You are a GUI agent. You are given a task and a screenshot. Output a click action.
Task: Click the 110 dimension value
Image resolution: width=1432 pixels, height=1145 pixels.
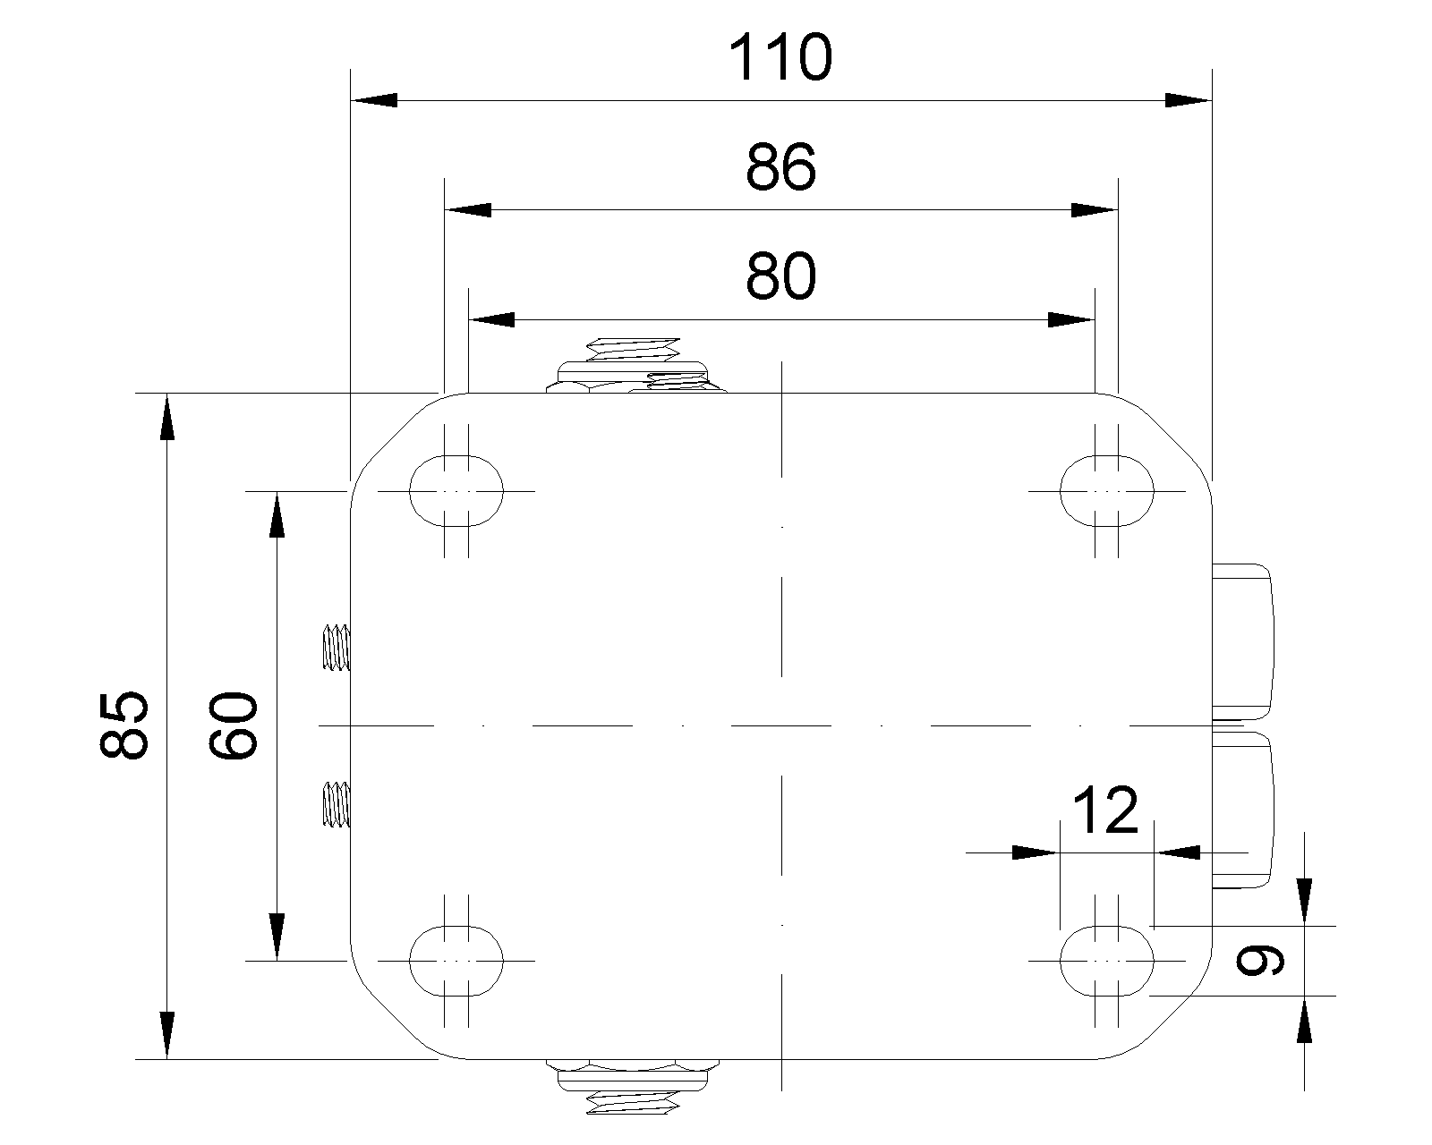(x=780, y=58)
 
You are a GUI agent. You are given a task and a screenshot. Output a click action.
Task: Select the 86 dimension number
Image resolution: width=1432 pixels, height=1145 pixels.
(x=780, y=167)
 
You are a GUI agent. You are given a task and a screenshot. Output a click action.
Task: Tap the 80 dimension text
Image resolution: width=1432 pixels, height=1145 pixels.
(x=780, y=276)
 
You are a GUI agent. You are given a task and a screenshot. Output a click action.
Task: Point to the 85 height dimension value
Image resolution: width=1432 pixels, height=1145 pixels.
(x=124, y=725)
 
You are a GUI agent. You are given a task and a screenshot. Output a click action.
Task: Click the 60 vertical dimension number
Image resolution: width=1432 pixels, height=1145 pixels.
(x=233, y=725)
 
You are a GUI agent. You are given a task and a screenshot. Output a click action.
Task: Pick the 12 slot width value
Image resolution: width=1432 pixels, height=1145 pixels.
(x=1106, y=811)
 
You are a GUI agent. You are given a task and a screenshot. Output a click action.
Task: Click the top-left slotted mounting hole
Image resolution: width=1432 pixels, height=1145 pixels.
(x=456, y=491)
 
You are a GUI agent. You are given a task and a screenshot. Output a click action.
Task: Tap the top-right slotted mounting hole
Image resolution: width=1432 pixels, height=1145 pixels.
(x=1106, y=491)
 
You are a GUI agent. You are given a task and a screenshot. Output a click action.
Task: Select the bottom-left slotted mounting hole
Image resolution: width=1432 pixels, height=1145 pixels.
(x=456, y=961)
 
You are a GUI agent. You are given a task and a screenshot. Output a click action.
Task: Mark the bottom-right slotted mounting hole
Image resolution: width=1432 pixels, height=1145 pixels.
(x=1106, y=961)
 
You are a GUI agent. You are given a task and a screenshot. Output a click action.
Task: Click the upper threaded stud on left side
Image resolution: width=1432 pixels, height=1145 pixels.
(x=337, y=648)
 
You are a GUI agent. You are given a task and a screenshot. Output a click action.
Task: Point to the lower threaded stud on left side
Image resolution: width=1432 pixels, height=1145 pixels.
(x=337, y=804)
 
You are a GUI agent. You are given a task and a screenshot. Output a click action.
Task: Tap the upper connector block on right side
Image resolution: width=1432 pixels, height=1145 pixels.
(x=1242, y=642)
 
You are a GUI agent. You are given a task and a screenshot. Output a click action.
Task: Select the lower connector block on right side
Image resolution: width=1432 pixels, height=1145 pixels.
(x=1242, y=810)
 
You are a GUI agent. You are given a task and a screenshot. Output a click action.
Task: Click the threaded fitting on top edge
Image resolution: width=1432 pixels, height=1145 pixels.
(x=636, y=365)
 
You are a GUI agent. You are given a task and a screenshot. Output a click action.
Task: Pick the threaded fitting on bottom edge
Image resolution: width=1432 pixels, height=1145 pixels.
(x=633, y=1087)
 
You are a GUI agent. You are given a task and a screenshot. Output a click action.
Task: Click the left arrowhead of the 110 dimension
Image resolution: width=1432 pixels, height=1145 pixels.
(x=374, y=100)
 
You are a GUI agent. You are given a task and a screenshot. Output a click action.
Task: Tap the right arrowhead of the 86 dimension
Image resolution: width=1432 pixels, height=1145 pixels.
(x=1095, y=210)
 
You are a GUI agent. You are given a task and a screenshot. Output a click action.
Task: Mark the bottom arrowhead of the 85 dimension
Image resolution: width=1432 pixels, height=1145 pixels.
(x=167, y=1035)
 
